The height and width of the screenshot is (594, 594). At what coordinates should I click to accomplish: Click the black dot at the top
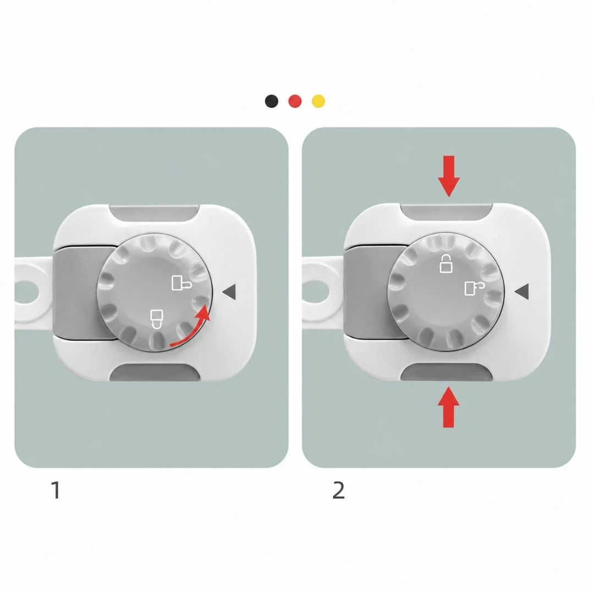pos(272,101)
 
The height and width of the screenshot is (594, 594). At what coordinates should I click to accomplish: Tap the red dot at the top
pos(295,101)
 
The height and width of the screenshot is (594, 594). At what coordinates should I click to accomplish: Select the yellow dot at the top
pos(318,101)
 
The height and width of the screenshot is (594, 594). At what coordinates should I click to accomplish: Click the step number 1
pos(56,490)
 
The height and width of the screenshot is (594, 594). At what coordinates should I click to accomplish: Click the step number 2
pos(338,490)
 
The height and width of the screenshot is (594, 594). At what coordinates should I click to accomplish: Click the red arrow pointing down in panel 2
pos(449,176)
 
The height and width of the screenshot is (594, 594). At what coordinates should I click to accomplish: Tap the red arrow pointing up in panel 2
pos(449,407)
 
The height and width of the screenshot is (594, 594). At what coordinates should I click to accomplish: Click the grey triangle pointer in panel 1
pos(229,291)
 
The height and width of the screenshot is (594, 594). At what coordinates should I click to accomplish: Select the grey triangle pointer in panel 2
pos(521,291)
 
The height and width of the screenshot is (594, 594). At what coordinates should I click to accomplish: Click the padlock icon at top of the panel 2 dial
pos(446,263)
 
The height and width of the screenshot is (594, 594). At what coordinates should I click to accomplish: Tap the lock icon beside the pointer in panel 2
pos(475,288)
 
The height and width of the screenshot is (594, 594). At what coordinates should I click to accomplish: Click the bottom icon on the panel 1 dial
pos(156,319)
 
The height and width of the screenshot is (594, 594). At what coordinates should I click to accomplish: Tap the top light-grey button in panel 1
pos(154,213)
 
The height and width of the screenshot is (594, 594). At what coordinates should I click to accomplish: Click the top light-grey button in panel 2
pos(446,212)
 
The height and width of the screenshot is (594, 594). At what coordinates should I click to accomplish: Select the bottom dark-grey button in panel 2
pos(446,372)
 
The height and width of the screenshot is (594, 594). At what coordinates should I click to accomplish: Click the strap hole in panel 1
pos(26,292)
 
